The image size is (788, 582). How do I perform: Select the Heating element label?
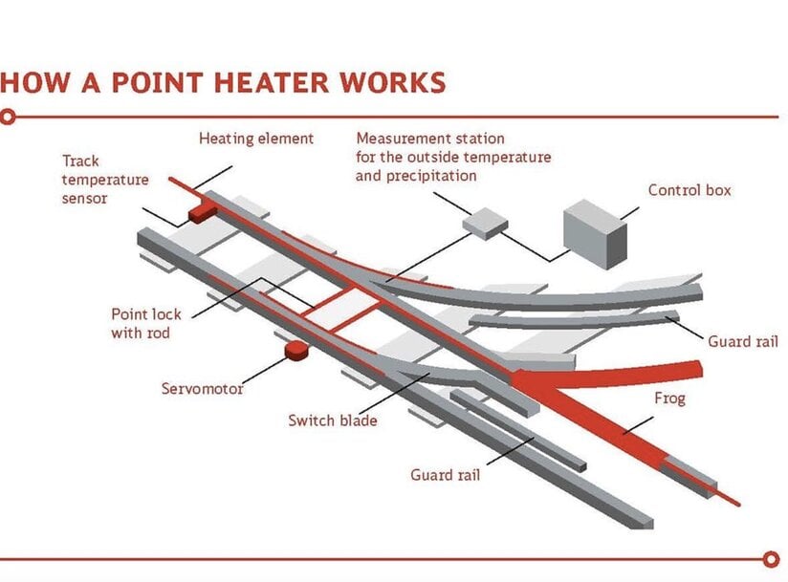pos(255,139)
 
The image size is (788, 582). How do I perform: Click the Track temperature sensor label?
pos(92,180)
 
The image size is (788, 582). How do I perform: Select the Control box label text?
pos(689,190)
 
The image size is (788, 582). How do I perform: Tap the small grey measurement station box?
pos(486,223)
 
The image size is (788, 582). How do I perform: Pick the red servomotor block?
pos(295,351)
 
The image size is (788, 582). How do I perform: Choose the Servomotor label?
pos(202,389)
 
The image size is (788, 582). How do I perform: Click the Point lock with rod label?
pos(146,323)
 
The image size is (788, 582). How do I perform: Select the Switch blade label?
pos(332,420)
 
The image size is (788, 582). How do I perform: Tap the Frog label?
pos(669,399)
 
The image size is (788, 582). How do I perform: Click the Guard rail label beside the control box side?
pos(743,341)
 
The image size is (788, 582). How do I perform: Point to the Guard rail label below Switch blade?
pos(445,474)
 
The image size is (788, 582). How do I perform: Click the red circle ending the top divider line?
pos(9,118)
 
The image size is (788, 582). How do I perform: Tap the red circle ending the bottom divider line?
pos(773,559)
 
